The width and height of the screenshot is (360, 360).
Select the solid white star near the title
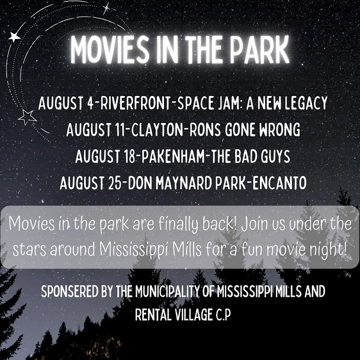coord(14,37)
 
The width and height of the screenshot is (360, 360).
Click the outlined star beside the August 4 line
coord(27,117)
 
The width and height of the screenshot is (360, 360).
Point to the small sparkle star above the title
coord(107,8)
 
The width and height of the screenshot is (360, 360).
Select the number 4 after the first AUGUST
coord(90,103)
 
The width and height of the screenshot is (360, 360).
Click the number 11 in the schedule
coord(120,130)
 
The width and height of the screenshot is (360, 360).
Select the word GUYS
coord(275,156)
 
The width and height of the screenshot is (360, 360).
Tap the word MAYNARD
coord(184,183)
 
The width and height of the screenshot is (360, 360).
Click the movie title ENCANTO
coord(279,183)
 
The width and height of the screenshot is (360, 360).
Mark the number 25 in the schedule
coord(114,183)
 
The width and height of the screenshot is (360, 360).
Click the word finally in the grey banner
coord(179,224)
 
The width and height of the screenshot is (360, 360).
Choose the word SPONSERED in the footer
coord(70,291)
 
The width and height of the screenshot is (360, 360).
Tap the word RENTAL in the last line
coord(153,314)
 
